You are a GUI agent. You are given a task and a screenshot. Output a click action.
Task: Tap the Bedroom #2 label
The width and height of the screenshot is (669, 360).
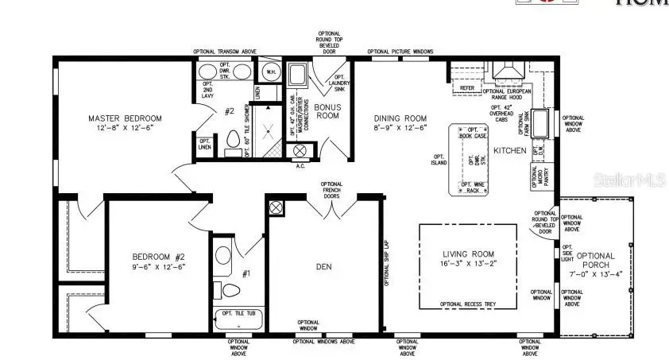[x=158, y=257]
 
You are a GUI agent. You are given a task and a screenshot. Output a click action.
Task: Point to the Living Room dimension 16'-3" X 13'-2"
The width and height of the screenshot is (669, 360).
[x=468, y=263]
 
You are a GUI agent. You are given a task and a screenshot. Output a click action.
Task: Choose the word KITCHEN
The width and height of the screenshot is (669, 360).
[x=508, y=149]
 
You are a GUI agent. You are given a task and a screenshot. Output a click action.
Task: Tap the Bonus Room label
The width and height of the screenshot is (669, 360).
[x=327, y=110]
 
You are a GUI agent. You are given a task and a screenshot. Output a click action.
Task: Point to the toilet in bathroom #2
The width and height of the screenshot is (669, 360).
[x=233, y=140]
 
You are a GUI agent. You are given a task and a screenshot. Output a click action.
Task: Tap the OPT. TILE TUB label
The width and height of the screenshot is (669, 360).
[x=238, y=313]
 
